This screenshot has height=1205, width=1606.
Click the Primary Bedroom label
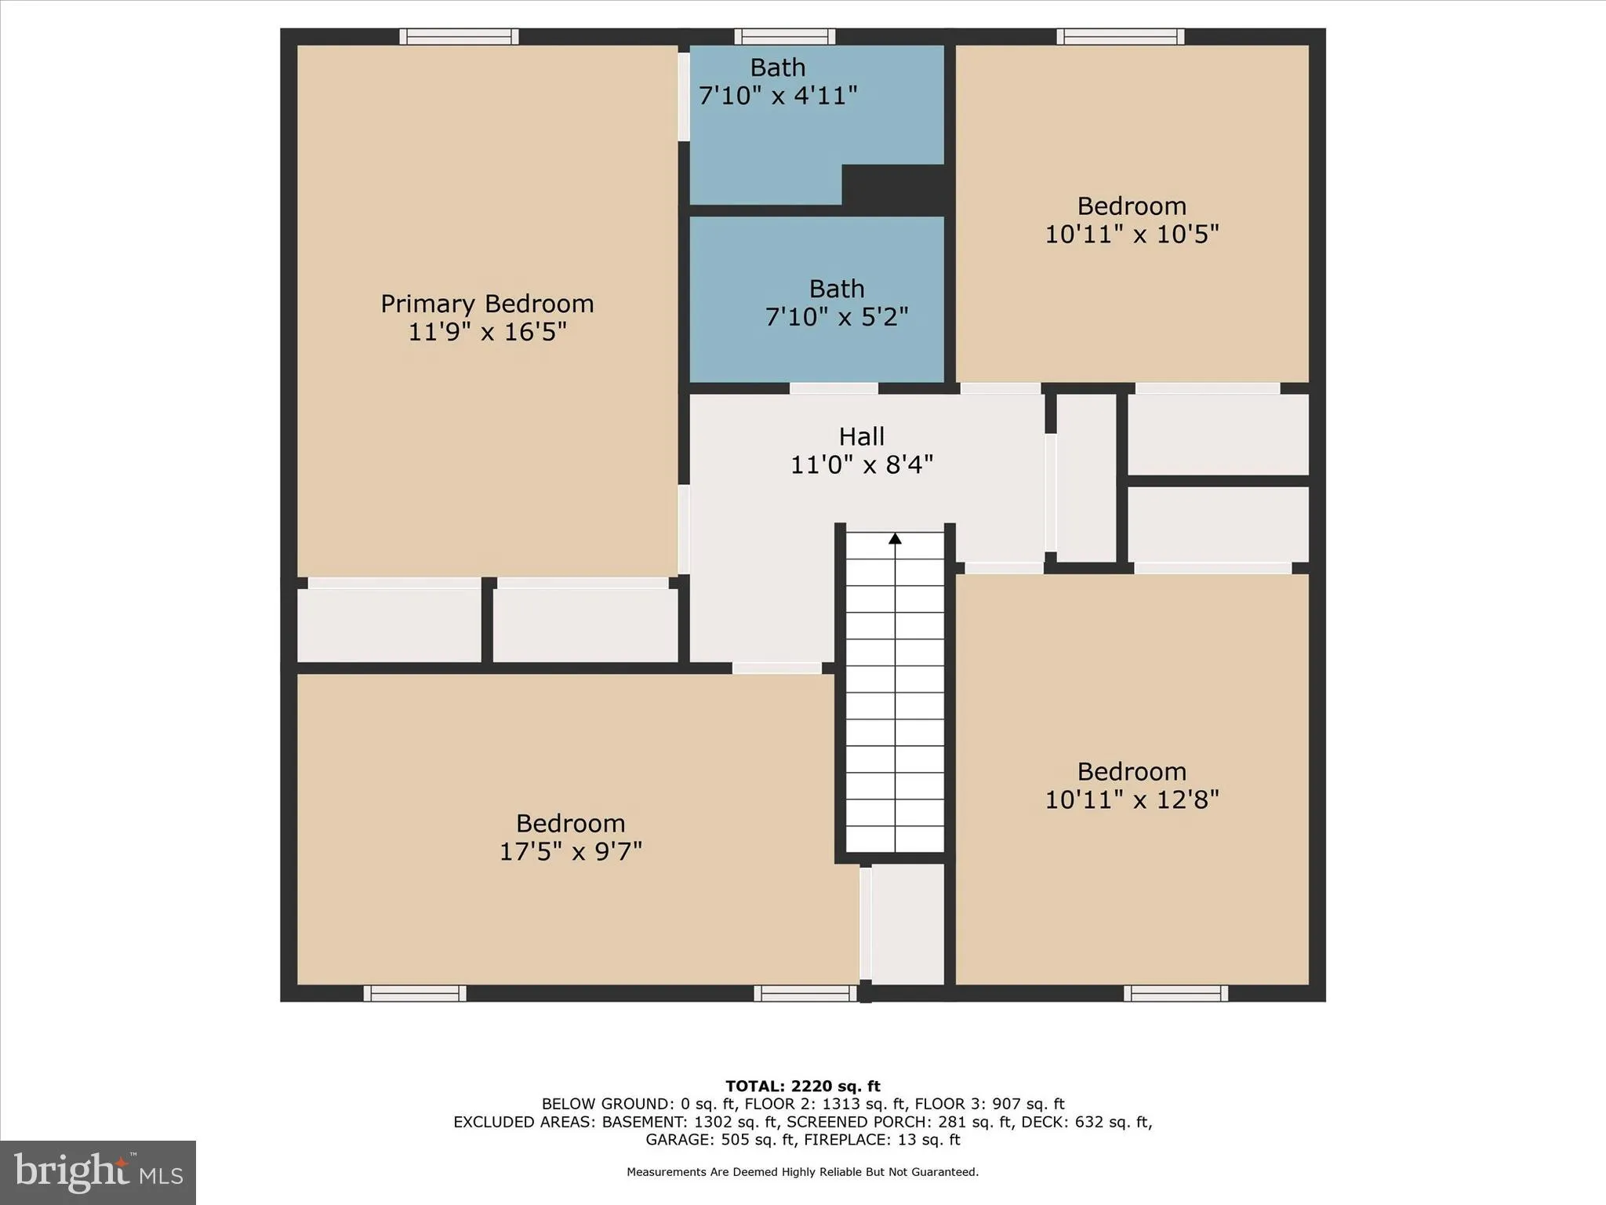487,304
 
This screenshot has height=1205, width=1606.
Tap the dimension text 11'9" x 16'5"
487,332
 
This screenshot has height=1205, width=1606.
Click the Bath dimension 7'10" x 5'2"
837,317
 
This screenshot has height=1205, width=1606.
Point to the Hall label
861,436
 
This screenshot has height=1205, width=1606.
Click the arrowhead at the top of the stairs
895,538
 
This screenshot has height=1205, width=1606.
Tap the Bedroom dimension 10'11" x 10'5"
1132,234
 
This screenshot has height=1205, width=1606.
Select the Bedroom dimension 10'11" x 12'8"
1132,799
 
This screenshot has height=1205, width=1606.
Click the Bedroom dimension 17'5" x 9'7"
570,851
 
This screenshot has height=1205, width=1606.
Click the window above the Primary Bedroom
459,36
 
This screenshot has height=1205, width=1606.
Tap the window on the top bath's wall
784,36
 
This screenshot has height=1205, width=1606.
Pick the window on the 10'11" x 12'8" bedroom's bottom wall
1175,993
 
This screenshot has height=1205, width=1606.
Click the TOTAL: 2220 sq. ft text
802,1086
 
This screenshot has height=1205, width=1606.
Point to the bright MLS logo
98,1172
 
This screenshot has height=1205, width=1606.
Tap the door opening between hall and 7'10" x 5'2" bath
833,388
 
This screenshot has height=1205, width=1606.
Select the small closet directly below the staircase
907,923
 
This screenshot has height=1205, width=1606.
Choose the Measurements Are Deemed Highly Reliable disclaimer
802,1172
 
